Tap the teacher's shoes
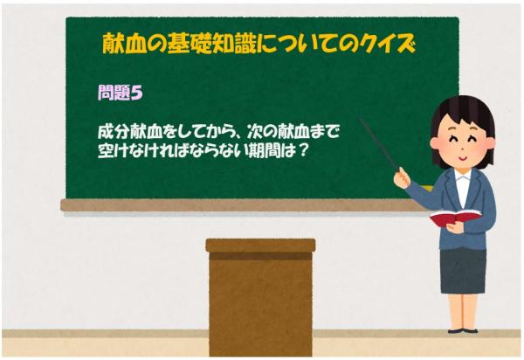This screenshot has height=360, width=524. [x=462, y=329]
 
